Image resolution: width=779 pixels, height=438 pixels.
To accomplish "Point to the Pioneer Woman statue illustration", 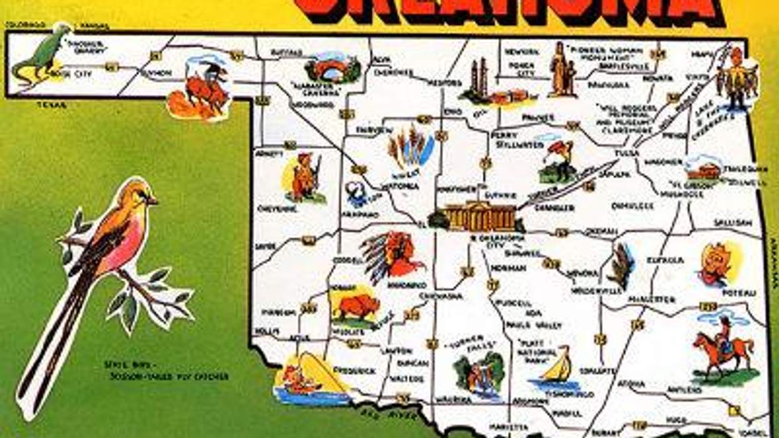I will [563, 69].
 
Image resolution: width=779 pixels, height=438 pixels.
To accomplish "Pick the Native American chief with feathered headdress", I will [391, 255].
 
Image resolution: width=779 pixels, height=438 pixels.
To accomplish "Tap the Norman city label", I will [504, 268].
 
